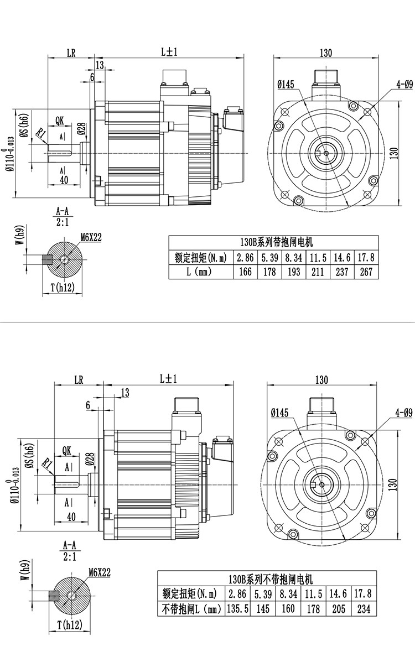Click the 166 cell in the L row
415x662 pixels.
[245, 272]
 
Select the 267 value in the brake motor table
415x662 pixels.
[366, 272]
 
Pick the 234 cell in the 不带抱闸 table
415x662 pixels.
[364, 609]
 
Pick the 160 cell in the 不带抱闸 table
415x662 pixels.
[288, 609]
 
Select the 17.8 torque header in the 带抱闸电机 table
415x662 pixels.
[366, 257]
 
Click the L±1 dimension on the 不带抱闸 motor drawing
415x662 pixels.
[168, 379]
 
